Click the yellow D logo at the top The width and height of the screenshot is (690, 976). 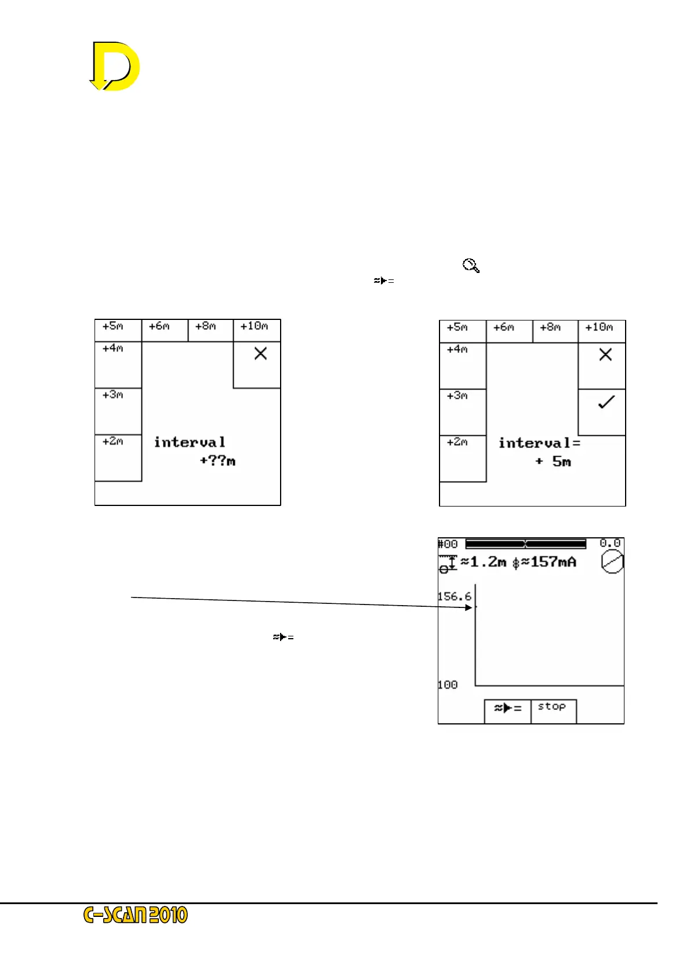coord(115,66)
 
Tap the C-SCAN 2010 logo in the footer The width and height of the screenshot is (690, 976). coord(136,915)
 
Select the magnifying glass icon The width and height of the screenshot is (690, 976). coord(471,266)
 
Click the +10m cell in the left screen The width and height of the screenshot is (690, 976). coord(256,330)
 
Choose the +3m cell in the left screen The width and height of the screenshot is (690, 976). coord(118,410)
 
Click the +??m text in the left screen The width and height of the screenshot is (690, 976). coord(217,461)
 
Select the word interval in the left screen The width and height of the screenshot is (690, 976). coord(190,442)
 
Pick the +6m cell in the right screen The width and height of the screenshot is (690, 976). coord(509,330)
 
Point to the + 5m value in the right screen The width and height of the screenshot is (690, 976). coord(554,462)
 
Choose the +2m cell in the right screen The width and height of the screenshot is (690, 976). coord(462,458)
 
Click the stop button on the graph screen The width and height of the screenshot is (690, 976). coord(553,710)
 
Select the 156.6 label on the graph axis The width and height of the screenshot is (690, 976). coord(454,596)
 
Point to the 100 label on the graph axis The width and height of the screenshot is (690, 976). coord(448,685)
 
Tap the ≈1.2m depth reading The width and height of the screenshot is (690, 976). coord(483,562)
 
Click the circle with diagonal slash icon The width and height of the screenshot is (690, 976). coord(612,562)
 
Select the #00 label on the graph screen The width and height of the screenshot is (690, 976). coord(448,544)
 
